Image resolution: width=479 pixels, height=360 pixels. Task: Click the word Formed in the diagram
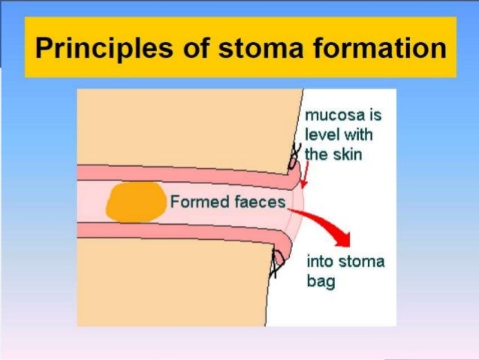tap(194, 201)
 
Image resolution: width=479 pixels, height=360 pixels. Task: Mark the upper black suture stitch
tap(292, 158)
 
